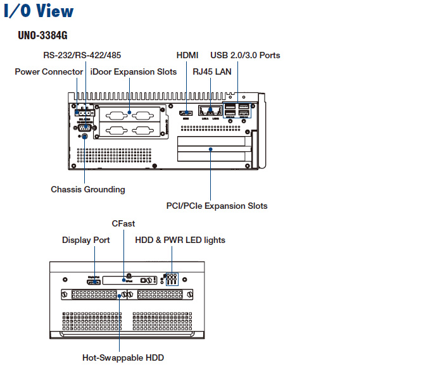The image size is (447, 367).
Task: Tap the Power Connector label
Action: click(x=49, y=72)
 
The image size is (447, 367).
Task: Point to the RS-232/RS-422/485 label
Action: click(x=82, y=55)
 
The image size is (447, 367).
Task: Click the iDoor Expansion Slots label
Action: click(x=134, y=72)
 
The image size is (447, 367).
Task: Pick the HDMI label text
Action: click(x=187, y=55)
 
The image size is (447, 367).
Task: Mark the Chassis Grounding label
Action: click(x=88, y=189)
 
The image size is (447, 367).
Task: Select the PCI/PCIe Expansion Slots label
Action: click(x=217, y=206)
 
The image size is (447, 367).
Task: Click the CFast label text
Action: click(x=123, y=223)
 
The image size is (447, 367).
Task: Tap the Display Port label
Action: click(x=86, y=240)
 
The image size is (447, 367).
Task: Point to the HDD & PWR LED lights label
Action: click(x=180, y=240)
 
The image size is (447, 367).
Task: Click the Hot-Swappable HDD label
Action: click(x=123, y=358)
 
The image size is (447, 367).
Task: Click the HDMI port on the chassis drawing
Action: click(x=187, y=112)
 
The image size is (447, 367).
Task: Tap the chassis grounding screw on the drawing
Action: click(x=85, y=135)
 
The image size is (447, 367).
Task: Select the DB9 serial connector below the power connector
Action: click(x=84, y=125)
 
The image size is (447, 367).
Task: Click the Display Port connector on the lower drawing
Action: click(x=94, y=280)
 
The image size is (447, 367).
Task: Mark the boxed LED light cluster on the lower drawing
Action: click(x=170, y=279)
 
